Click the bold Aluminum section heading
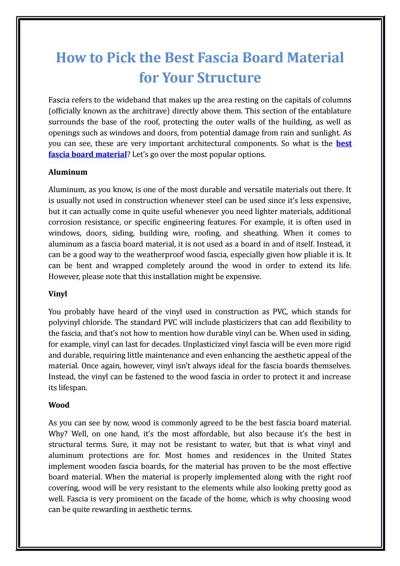click(68, 172)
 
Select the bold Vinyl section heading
click(58, 293)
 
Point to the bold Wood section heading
click(59, 405)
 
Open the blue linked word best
click(344, 144)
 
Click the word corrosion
click(64, 222)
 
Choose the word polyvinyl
click(65, 323)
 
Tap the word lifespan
click(73, 388)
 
